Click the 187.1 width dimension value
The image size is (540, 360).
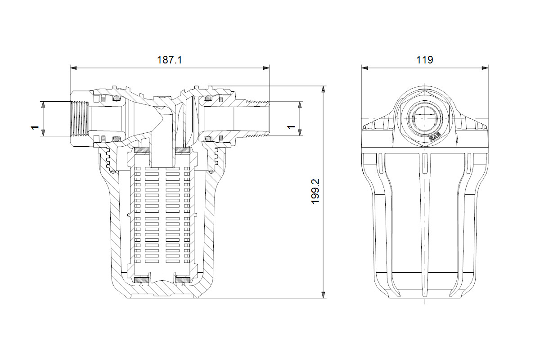[170, 60]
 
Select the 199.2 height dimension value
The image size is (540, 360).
[315, 191]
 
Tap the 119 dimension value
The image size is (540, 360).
[425, 60]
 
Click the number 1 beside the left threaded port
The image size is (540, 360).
[35, 127]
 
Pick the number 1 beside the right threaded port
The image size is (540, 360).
[291, 127]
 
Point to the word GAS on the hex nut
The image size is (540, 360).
[435, 137]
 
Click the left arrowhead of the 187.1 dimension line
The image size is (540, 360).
[73, 68]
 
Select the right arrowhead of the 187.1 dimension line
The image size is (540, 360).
[266, 68]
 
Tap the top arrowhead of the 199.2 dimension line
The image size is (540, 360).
[323, 89]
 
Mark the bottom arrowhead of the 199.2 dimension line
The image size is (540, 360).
[323, 295]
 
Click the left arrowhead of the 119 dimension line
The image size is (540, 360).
[365, 68]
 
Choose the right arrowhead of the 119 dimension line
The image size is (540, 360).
[485, 68]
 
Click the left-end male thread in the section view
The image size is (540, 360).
[80, 119]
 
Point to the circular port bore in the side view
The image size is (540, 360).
[425, 119]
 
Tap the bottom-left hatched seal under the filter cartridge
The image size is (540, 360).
[142, 280]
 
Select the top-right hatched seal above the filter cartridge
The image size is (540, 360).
[183, 150]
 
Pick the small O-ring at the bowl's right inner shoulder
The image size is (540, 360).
[211, 171]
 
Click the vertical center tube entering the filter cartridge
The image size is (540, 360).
[162, 145]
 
